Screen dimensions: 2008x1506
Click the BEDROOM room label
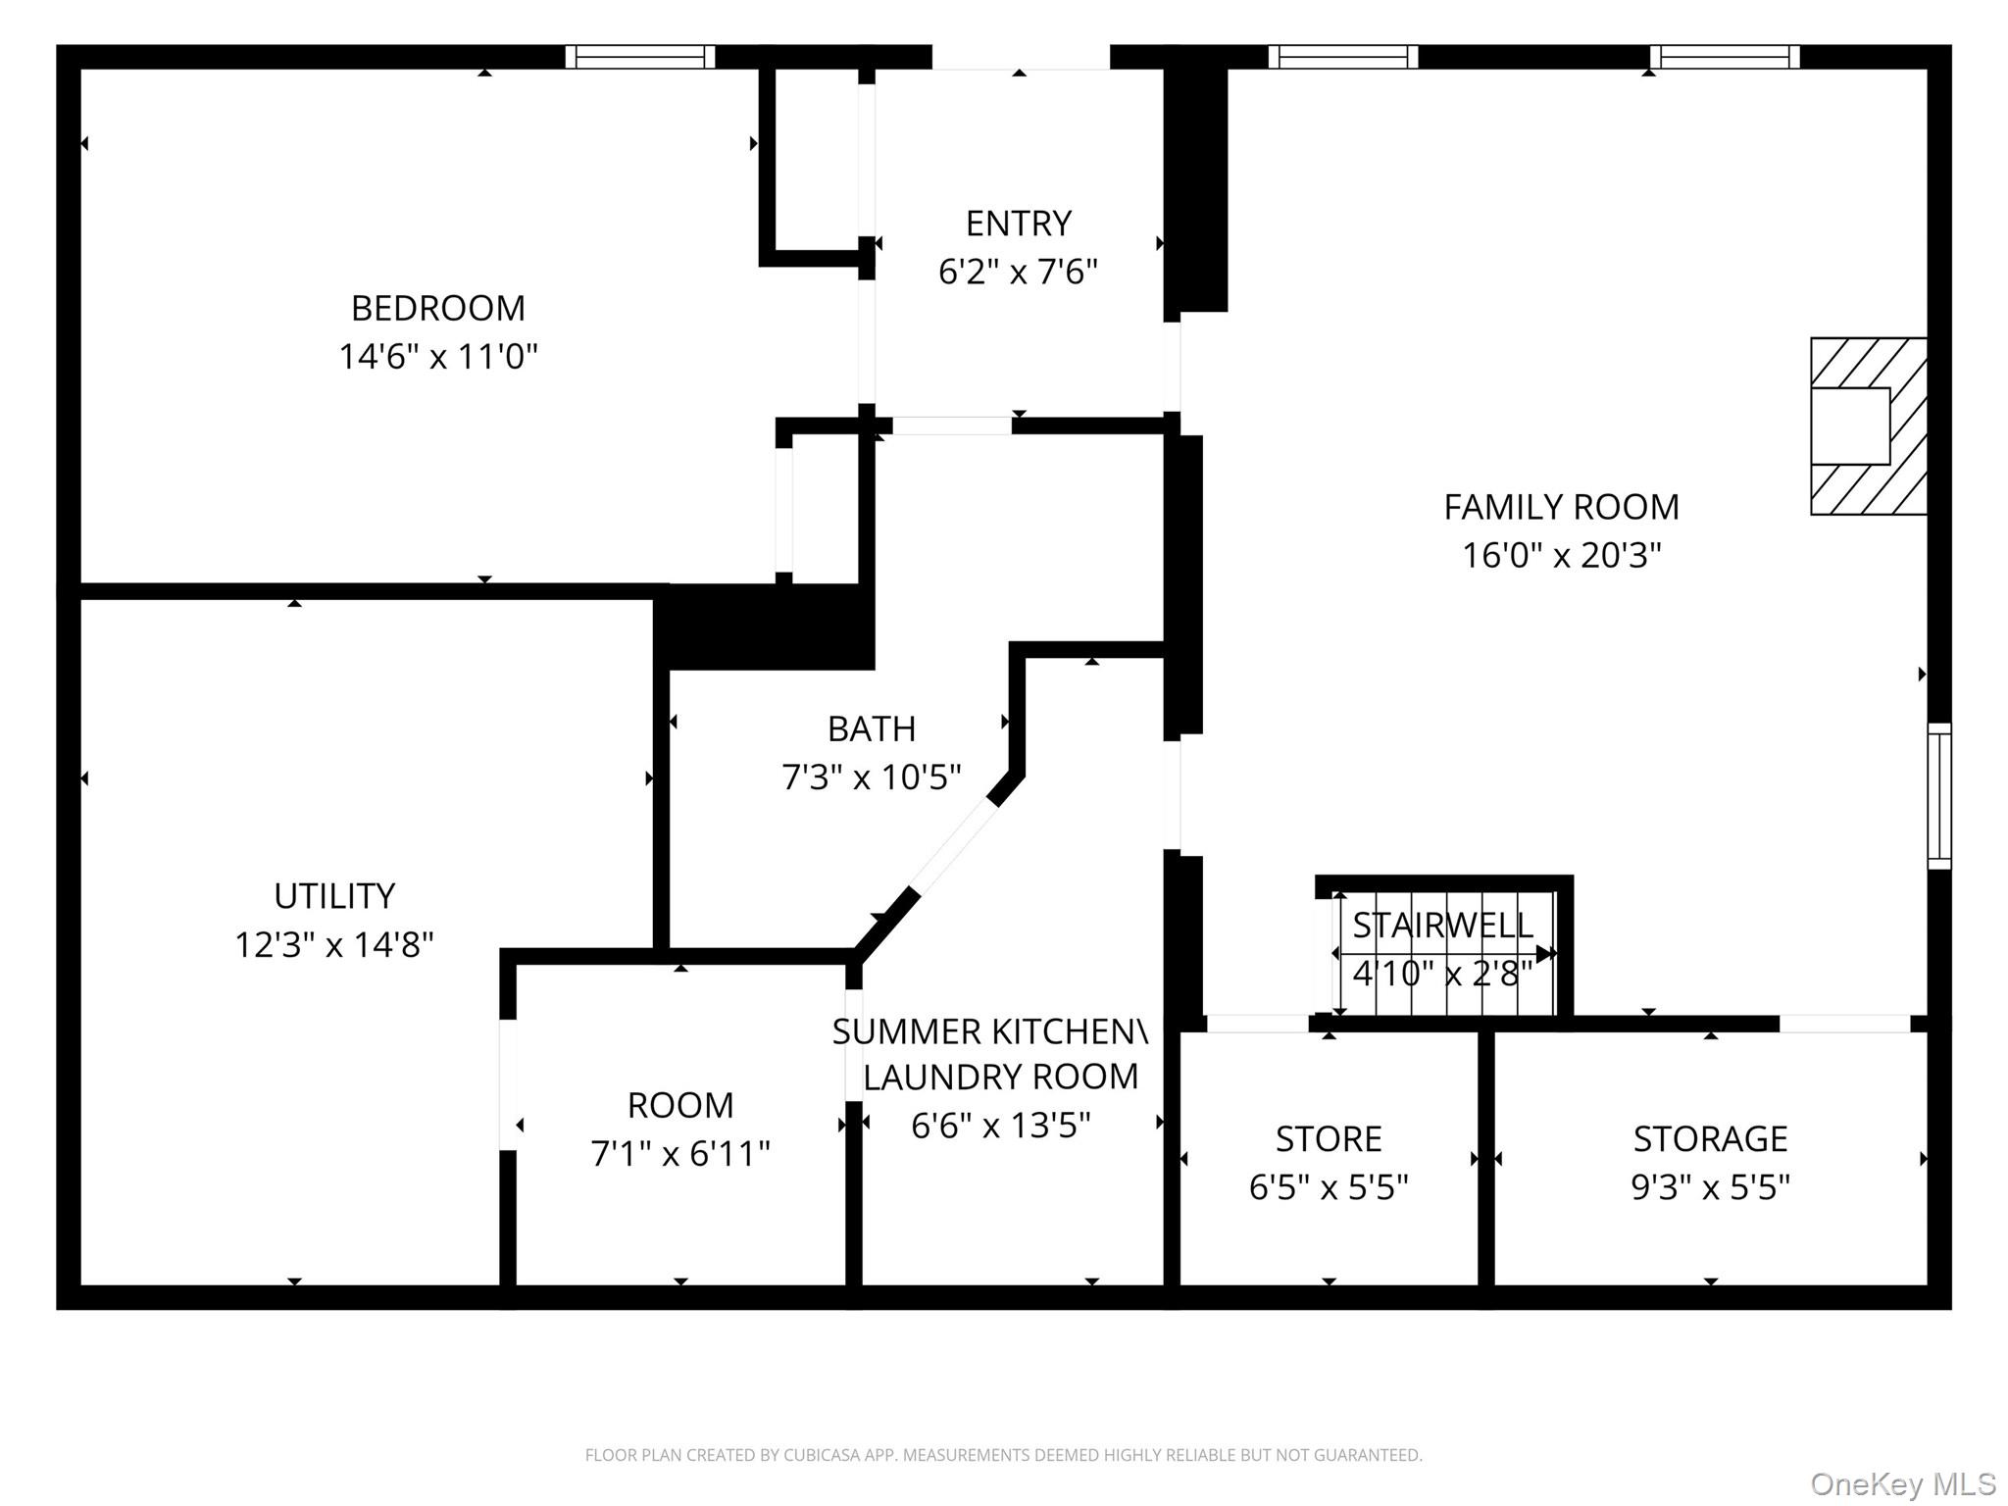pos(438,308)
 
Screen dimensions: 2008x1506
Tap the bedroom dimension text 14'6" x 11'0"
pos(438,356)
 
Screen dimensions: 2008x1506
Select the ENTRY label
pos(1019,224)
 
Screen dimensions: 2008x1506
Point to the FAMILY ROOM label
pos(1562,507)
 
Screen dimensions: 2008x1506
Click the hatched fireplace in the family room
pos(1869,427)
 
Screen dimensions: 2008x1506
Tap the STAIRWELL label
pos(1442,925)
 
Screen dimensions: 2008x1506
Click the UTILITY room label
pos(334,896)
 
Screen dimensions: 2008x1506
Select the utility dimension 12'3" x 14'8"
pos(334,944)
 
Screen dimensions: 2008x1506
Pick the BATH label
pos(872,729)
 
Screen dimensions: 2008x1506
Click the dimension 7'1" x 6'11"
pos(680,1153)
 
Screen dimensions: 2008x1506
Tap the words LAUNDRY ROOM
pos(1001,1077)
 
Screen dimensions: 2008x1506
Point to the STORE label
pos(1329,1139)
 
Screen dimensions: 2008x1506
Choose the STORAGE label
pos(1711,1139)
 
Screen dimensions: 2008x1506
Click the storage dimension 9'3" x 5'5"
pos(1711,1187)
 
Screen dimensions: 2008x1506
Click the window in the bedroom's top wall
pos(640,57)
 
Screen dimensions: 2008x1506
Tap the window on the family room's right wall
pos(1939,796)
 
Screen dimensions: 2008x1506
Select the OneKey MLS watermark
pos(1903,1483)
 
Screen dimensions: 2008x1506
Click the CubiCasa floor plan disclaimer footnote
pos(1004,1456)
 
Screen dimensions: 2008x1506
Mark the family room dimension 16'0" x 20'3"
pos(1562,555)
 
